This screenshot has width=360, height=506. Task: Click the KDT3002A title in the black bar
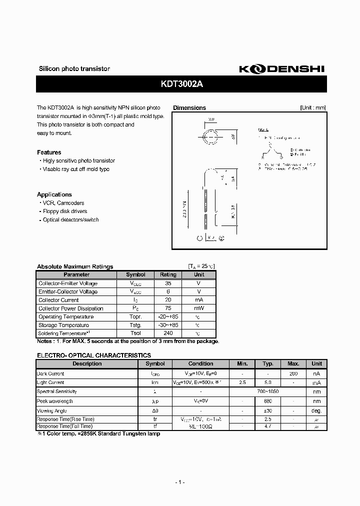click(x=182, y=84)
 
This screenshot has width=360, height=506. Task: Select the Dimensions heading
click(x=189, y=107)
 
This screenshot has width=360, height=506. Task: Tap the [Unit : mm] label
click(x=313, y=107)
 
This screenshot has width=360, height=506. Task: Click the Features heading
click(x=49, y=152)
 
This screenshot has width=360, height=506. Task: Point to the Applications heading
click(x=54, y=194)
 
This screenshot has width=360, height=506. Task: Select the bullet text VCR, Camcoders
click(x=63, y=203)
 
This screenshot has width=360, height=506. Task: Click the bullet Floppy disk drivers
click(x=64, y=211)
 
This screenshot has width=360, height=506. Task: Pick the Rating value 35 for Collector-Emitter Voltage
click(x=168, y=283)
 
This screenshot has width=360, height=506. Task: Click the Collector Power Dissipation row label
click(x=71, y=308)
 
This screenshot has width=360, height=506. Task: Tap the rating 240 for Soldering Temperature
click(x=168, y=333)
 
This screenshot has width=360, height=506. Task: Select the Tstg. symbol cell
click(x=135, y=325)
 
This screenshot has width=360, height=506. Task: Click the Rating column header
click(x=168, y=274)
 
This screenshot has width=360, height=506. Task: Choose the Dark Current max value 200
click(x=293, y=373)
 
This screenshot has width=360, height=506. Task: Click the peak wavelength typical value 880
click(x=267, y=401)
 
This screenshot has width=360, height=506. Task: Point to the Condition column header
click(x=200, y=363)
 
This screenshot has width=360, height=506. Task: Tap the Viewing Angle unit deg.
click(x=316, y=410)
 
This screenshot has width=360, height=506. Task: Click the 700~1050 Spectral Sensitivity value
click(x=267, y=392)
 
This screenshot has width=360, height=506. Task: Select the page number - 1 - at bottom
click(x=180, y=482)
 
